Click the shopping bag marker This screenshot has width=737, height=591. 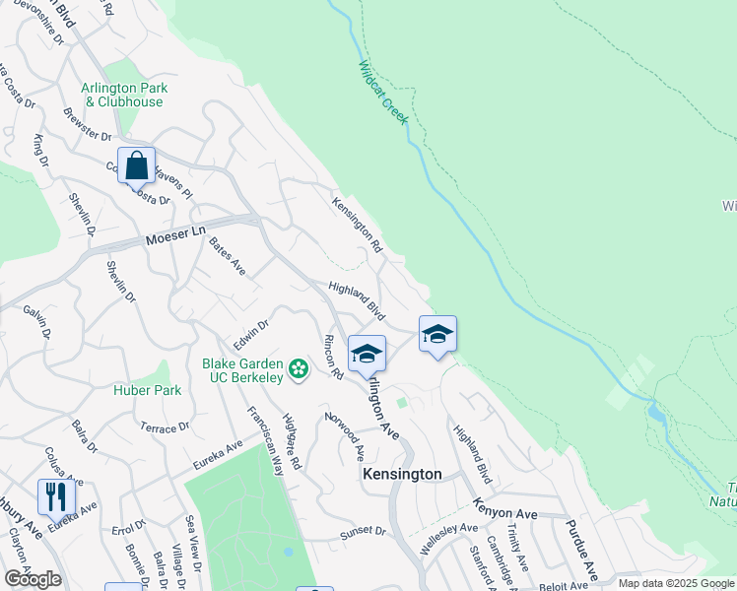pyautogui.click(x=136, y=165)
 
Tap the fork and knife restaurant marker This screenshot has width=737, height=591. pyautogui.click(x=55, y=495)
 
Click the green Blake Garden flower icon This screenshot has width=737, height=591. pyautogui.click(x=299, y=369)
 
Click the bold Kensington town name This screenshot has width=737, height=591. pyautogui.click(x=402, y=474)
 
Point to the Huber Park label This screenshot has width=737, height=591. pyautogui.click(x=154, y=390)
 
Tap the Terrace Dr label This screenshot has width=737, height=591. pyautogui.click(x=164, y=428)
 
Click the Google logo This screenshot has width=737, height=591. pyautogui.click(x=33, y=579)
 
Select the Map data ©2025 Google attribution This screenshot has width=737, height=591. pyautogui.click(x=676, y=583)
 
